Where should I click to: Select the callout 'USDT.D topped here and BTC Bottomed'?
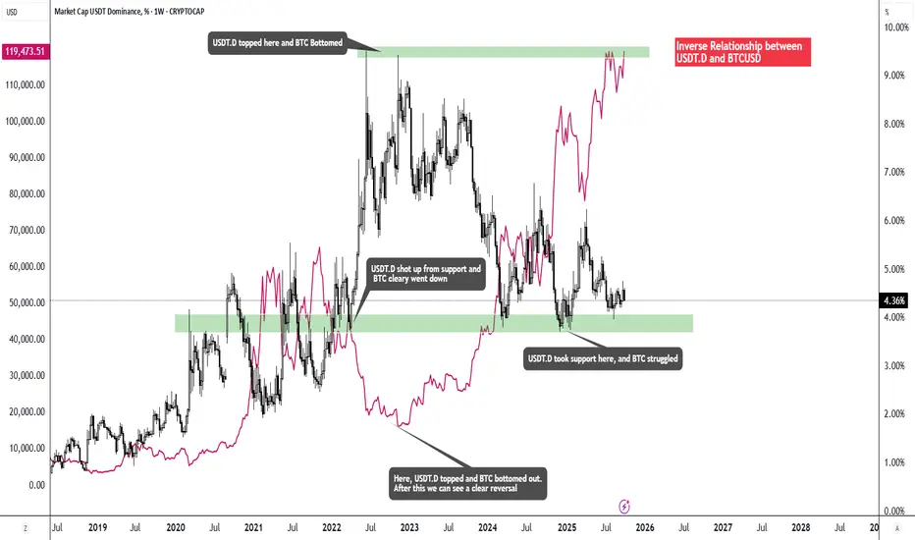pos(276,42)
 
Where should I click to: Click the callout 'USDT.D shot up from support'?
pos(425,274)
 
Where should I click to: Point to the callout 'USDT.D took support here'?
pos(603,359)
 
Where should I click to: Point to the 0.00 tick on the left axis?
pos(37,485)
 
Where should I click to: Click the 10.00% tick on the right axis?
pos(894,27)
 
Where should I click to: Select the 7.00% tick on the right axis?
pos(894,173)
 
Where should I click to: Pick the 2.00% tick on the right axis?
pos(894,414)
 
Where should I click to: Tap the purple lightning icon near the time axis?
pos(625,507)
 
